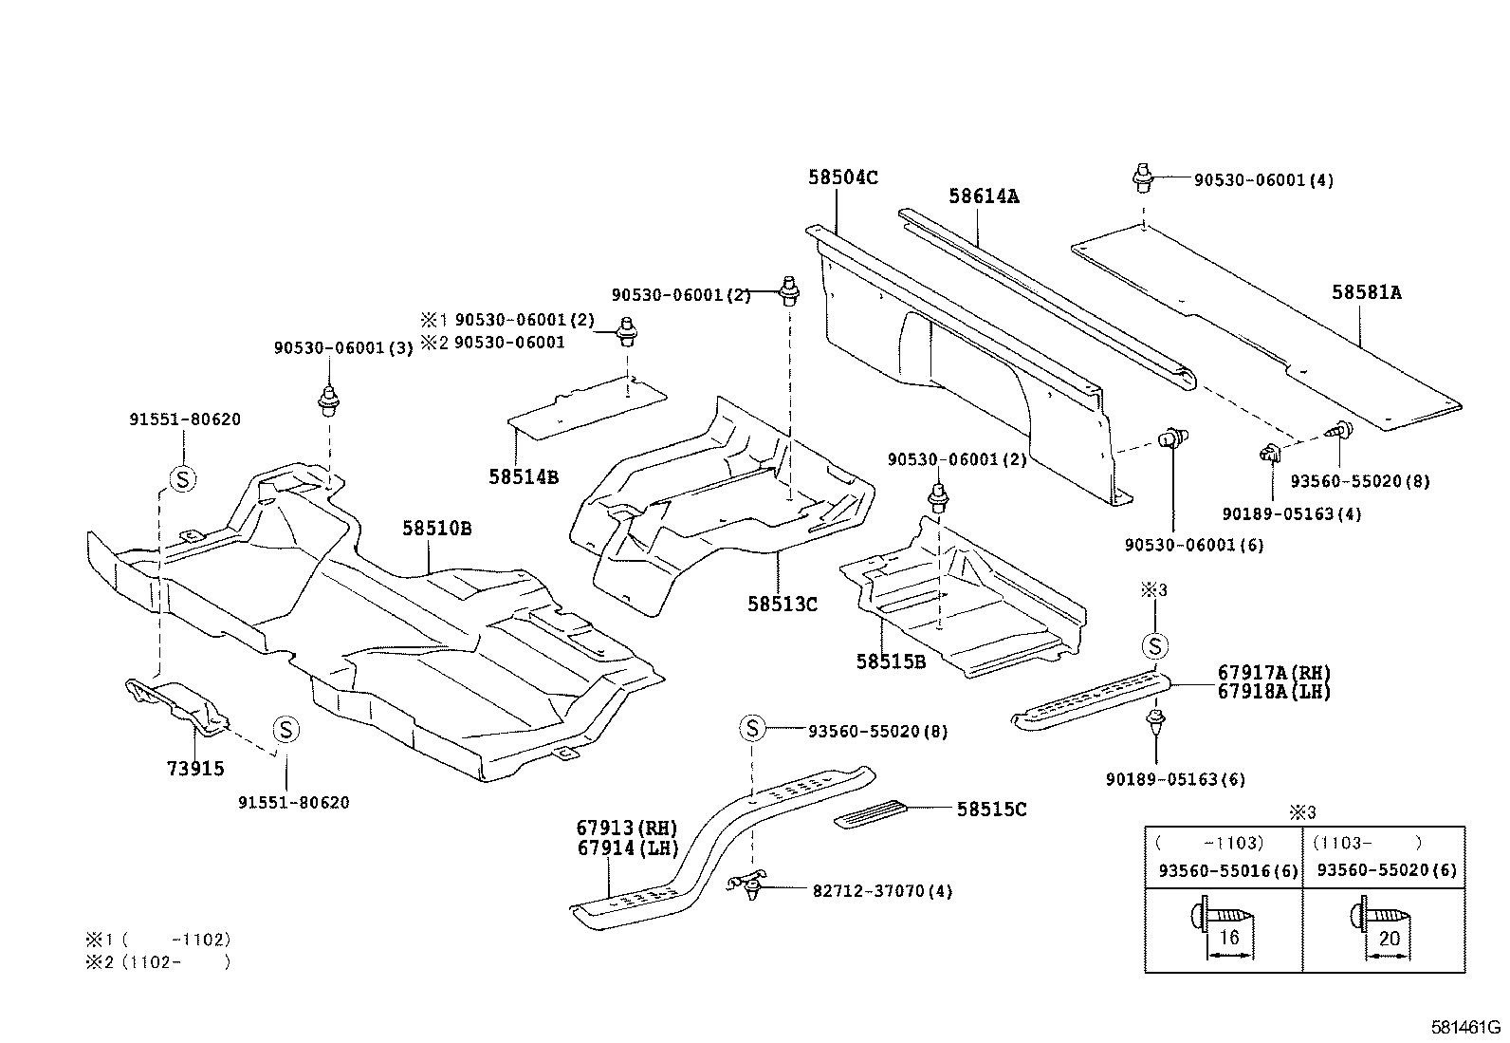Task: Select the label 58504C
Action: tap(843, 177)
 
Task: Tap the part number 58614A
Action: tap(984, 196)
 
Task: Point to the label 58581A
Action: tap(1366, 292)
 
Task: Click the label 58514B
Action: tap(524, 476)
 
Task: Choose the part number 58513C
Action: tap(782, 604)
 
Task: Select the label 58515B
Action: tap(890, 661)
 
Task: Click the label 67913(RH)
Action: tap(627, 828)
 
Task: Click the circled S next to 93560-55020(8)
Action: tap(751, 729)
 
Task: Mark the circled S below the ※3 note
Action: tap(1155, 647)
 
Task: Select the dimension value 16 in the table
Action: tap(1228, 938)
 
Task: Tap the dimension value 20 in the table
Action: tap(1389, 938)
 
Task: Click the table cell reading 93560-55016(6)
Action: tap(1228, 870)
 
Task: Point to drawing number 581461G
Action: tap(1465, 1027)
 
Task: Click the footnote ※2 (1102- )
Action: tap(158, 961)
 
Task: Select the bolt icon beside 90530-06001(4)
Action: tap(1143, 177)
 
